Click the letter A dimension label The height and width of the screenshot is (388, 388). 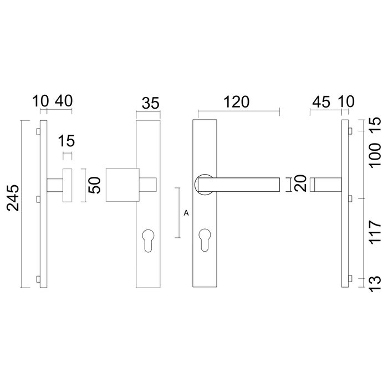pos(185,212)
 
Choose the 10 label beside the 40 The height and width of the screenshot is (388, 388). pos(41,102)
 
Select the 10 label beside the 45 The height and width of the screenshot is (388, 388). pos(348,102)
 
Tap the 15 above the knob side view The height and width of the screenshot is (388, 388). pos(67,140)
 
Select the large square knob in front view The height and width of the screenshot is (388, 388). pos(121,185)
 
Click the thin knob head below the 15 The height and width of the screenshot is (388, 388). pos(67,185)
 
